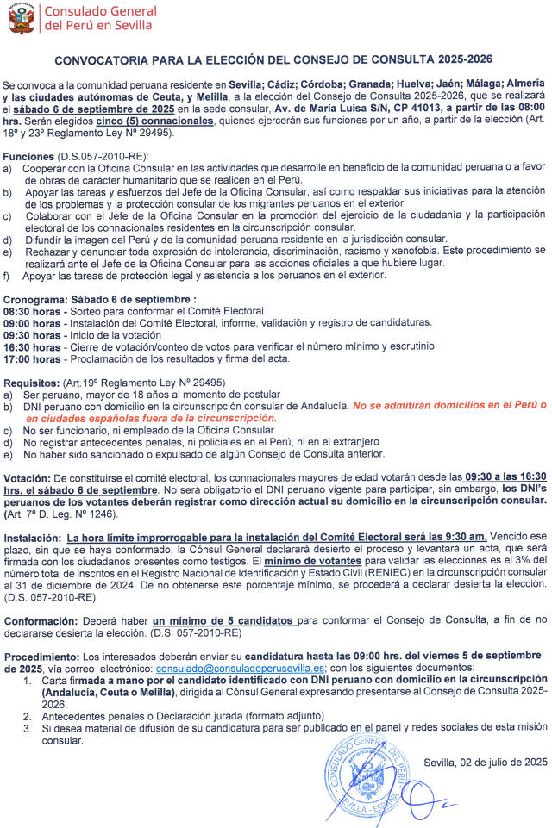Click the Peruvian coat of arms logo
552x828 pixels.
(x=22, y=18)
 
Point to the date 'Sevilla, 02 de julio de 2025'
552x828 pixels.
(x=486, y=761)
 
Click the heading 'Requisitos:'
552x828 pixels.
(x=31, y=380)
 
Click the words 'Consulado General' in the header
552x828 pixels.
(x=100, y=11)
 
